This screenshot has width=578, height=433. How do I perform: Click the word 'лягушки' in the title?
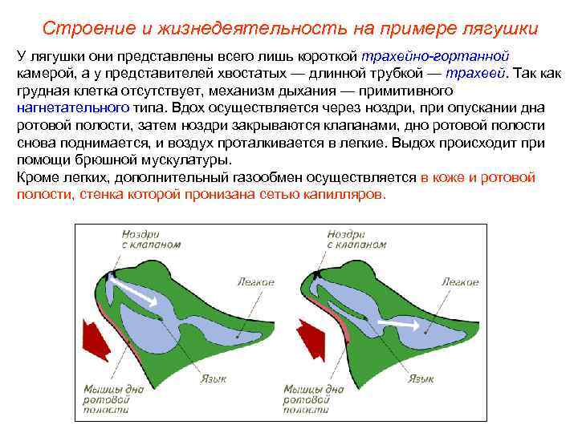coord(501,29)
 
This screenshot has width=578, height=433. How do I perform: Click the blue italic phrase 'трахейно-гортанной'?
coord(435,57)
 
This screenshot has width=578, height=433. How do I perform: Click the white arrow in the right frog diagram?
coord(401,326)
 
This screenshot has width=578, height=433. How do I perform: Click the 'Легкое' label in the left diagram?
coord(256,281)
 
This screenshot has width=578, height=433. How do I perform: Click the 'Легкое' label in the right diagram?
coord(460,281)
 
